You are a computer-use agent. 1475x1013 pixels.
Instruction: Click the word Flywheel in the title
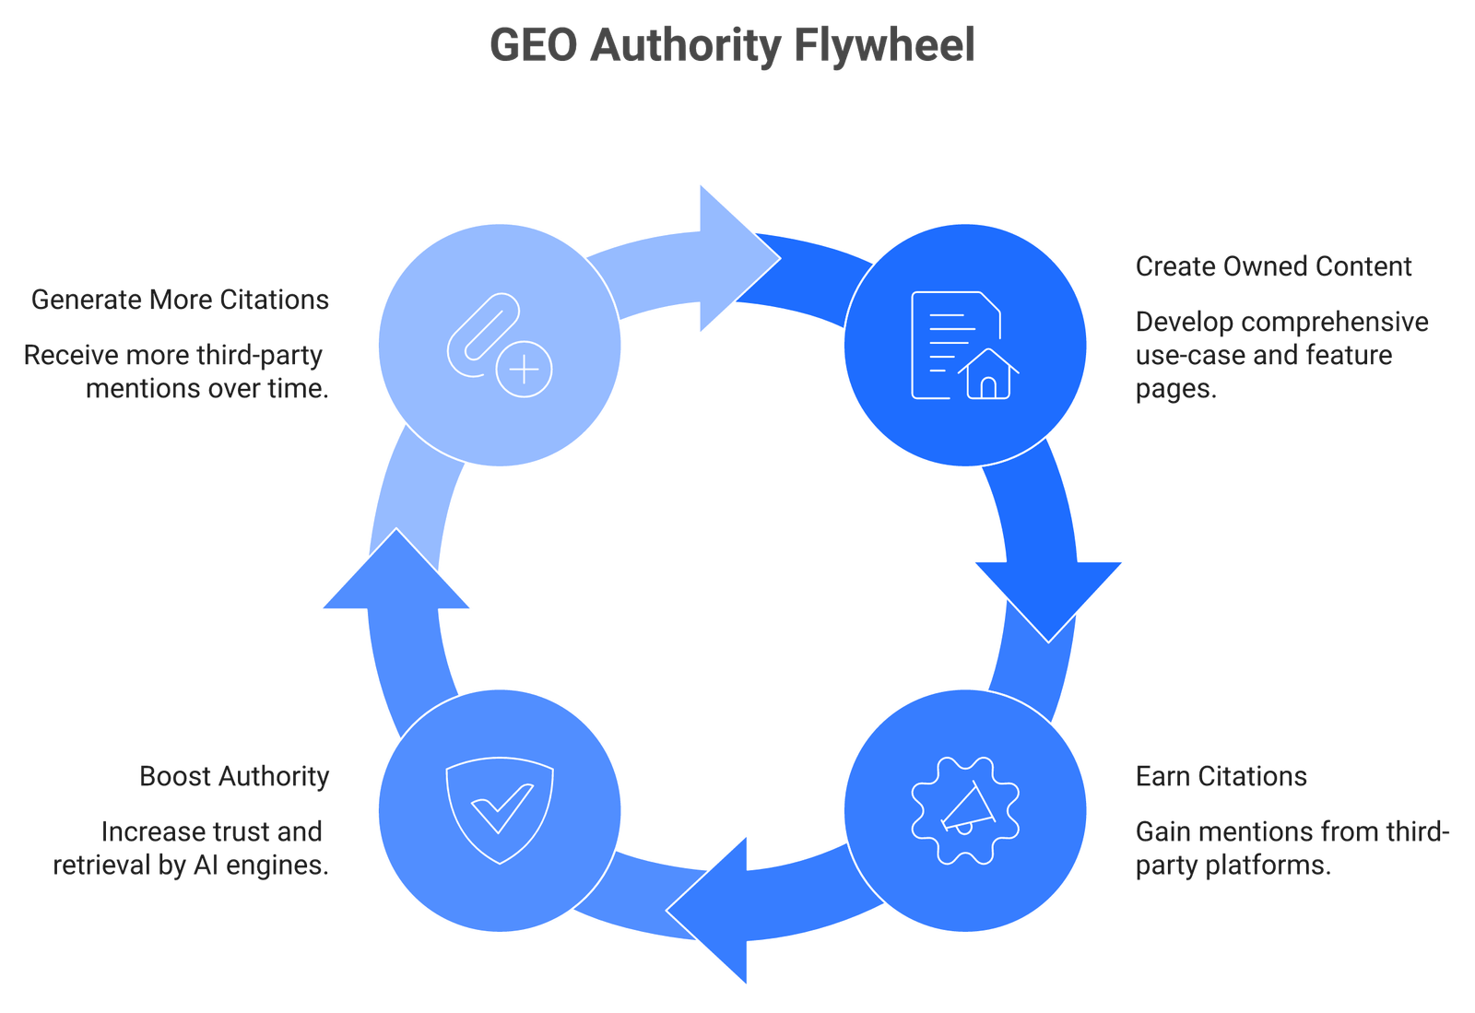click(x=884, y=46)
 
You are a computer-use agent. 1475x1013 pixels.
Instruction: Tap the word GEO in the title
click(x=534, y=45)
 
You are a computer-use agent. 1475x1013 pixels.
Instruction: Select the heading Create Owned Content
click(x=1273, y=266)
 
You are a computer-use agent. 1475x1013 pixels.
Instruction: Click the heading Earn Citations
click(x=1221, y=777)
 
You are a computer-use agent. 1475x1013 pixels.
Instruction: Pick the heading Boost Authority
click(x=234, y=777)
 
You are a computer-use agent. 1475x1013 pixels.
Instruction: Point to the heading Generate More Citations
click(x=181, y=300)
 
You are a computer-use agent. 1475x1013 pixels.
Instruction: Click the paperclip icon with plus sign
click(x=500, y=345)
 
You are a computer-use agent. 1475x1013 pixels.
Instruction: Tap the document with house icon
click(x=965, y=345)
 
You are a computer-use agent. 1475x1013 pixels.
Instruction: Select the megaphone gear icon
click(x=965, y=811)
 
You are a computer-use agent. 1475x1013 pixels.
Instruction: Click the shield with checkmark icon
click(x=500, y=811)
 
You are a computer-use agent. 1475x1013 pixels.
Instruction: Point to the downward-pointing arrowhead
click(x=1048, y=600)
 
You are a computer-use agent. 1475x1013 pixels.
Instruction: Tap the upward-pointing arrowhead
click(x=395, y=570)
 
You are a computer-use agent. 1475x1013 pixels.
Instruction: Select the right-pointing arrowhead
click(x=739, y=259)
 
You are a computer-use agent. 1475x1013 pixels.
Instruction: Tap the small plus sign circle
click(x=525, y=370)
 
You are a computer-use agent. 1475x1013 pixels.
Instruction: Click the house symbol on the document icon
click(x=988, y=374)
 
